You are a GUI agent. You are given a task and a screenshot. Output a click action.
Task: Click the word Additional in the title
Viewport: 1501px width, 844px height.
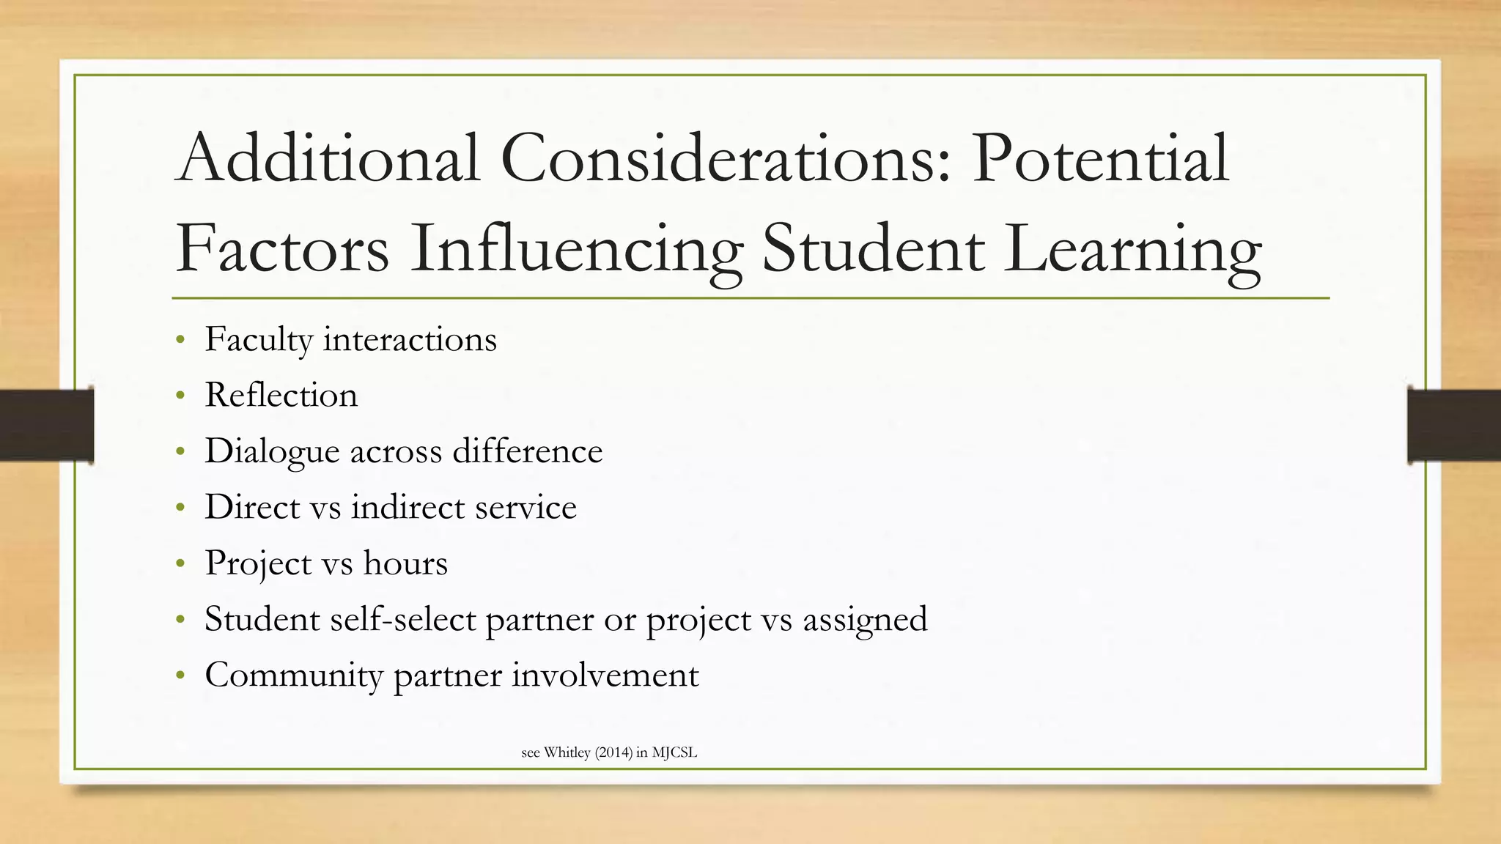328,158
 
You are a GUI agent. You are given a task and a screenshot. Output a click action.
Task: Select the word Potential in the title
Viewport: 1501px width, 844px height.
1100,158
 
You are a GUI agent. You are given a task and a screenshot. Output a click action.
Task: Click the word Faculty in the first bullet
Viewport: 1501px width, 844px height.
258,340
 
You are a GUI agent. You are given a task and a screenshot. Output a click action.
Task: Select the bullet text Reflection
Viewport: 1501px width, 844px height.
281,395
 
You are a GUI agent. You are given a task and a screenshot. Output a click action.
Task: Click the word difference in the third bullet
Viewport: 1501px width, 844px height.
528,451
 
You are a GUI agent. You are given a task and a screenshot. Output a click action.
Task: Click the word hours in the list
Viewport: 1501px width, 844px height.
405,563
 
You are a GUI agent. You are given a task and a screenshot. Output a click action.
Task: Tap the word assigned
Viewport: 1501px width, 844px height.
865,620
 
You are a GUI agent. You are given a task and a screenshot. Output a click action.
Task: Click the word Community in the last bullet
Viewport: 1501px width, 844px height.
294,675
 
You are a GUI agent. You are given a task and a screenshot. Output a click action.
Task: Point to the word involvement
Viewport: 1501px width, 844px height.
605,675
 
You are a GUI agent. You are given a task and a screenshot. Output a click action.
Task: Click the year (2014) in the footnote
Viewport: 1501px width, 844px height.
613,752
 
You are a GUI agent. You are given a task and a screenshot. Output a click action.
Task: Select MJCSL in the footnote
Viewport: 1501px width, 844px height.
674,752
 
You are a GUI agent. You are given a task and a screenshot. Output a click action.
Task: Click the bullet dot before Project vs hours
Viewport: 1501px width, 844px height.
180,563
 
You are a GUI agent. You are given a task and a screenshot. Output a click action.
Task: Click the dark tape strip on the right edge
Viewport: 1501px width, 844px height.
1454,426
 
